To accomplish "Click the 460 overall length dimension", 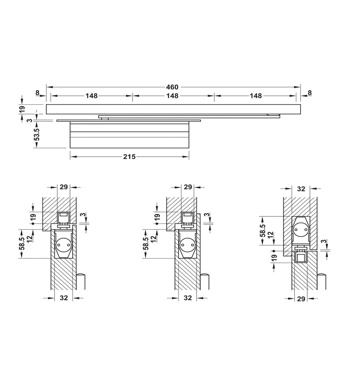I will point(172,87).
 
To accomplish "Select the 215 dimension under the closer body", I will point(129,157).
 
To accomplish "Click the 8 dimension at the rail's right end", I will point(310,93).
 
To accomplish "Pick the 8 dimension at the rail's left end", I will point(37,93).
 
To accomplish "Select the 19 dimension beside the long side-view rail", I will point(22,109).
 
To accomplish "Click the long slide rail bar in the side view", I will point(173,109).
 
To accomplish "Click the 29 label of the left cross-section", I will point(63,187).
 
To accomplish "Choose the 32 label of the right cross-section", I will point(301,189).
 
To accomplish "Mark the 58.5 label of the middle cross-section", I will point(146,243).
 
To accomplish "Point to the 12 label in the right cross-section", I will point(270,236).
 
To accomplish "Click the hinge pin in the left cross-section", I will point(81,281).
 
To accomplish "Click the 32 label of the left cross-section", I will point(64,298).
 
